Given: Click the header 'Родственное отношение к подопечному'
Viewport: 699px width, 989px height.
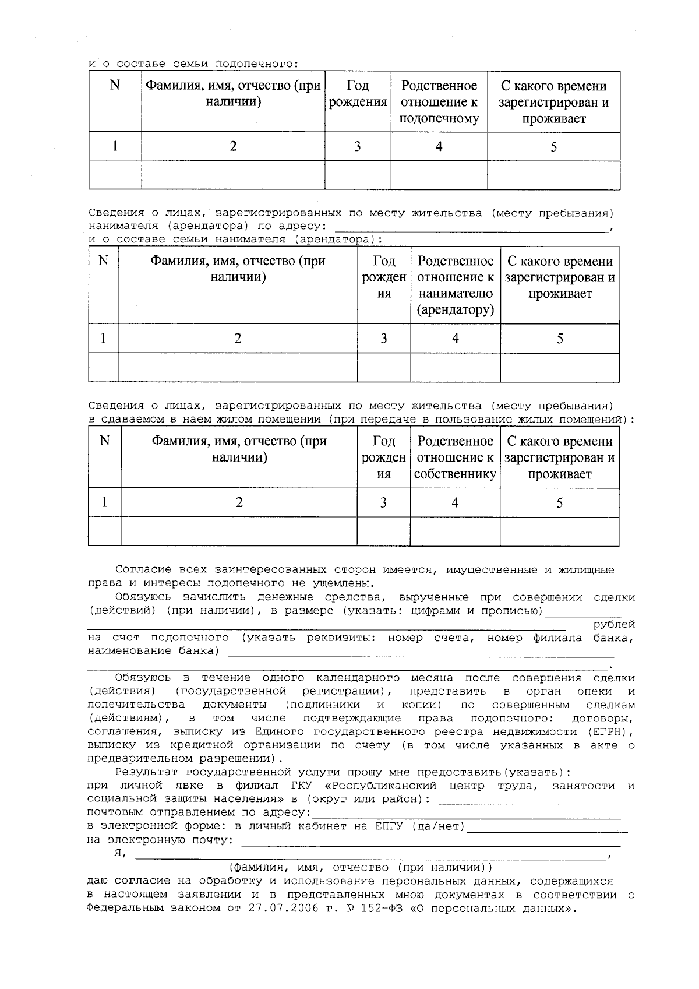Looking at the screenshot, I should [x=439, y=103].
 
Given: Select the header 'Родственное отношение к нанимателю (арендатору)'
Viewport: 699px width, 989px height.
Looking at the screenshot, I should [x=456, y=286].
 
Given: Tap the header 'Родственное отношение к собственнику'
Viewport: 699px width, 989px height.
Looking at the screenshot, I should [x=455, y=458].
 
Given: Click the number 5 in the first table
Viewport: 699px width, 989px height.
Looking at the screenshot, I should [x=553, y=146].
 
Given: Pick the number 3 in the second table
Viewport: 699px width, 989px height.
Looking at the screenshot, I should [x=383, y=338].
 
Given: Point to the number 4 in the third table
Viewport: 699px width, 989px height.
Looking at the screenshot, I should [x=455, y=502].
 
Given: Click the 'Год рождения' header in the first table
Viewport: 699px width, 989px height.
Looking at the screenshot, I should [x=358, y=94].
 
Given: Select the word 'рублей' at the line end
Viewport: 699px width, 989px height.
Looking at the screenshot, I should [x=614, y=625].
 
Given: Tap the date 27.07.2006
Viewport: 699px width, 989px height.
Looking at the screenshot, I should [x=280, y=909].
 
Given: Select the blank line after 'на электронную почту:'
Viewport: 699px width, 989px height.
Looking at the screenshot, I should [x=431, y=843].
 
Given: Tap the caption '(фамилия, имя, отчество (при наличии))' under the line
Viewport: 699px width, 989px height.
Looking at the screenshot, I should [x=361, y=868].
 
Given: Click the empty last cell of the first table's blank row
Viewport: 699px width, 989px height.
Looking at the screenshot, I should [x=553, y=175].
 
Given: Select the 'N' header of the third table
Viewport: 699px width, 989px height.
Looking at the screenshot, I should [x=105, y=441].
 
